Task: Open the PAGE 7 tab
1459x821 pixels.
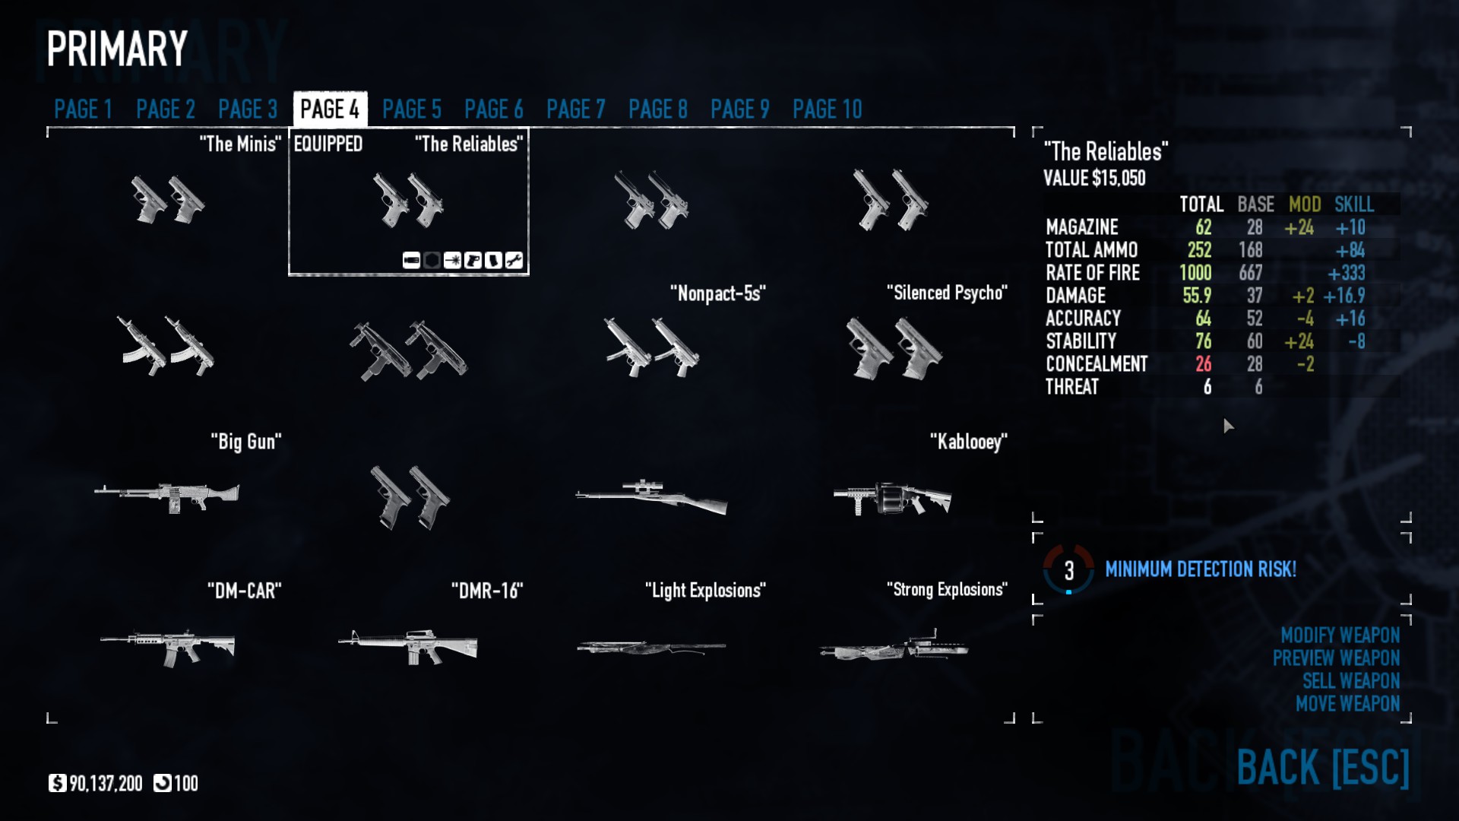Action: point(575,109)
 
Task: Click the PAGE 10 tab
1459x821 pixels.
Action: point(827,109)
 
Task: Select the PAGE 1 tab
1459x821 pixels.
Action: point(83,109)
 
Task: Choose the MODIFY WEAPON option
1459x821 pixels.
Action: point(1340,635)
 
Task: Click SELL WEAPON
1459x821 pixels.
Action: point(1350,680)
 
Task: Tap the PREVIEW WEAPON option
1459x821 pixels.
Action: point(1336,658)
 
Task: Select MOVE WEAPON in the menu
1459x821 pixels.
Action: point(1347,703)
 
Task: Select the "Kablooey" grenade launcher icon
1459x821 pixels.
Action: point(892,498)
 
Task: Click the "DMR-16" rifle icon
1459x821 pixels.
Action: point(408,646)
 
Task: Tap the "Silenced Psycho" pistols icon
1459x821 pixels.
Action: point(894,349)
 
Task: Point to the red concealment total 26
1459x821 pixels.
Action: point(1203,364)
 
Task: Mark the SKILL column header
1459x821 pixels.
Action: point(1353,204)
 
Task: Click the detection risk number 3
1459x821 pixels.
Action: point(1068,570)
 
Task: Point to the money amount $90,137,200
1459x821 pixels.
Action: point(105,784)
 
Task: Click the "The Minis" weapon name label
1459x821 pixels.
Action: point(239,144)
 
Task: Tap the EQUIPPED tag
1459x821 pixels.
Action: point(328,144)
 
